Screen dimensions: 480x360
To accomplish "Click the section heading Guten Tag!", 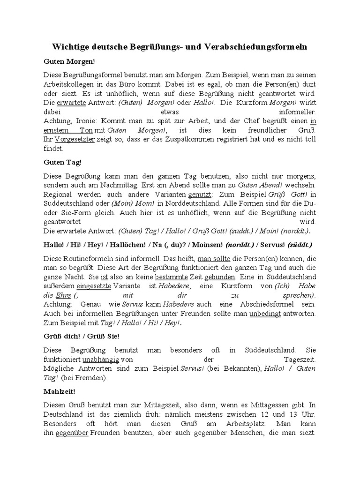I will [62, 162].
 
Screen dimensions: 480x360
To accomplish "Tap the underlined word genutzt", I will [200, 194].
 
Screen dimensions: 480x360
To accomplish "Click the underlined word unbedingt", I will [265, 313].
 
